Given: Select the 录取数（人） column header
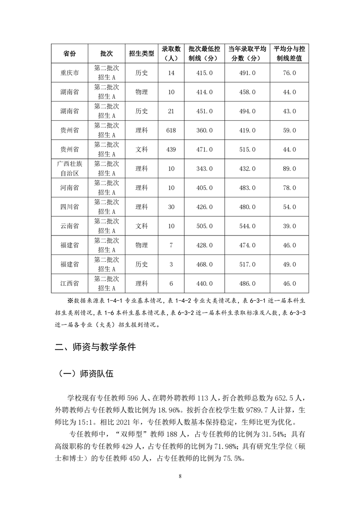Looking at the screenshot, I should [171, 54].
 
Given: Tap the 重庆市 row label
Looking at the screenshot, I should [69, 73].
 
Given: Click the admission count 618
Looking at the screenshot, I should [171, 130].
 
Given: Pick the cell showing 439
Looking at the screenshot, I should [171, 149].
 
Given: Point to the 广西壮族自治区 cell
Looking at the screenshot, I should [69, 168].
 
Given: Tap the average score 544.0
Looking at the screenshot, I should [247, 226].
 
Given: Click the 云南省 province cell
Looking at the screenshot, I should [69, 226].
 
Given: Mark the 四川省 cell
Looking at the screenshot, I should [69, 207].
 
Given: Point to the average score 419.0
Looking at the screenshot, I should [247, 130].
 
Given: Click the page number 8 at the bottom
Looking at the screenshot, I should [180, 476].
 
